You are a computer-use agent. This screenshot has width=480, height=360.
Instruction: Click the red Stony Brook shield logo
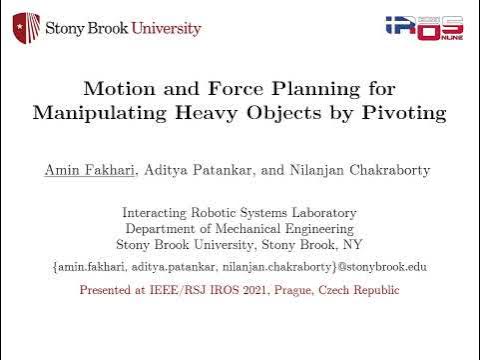click(x=26, y=27)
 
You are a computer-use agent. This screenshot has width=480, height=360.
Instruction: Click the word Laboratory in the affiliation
click(x=319, y=212)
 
